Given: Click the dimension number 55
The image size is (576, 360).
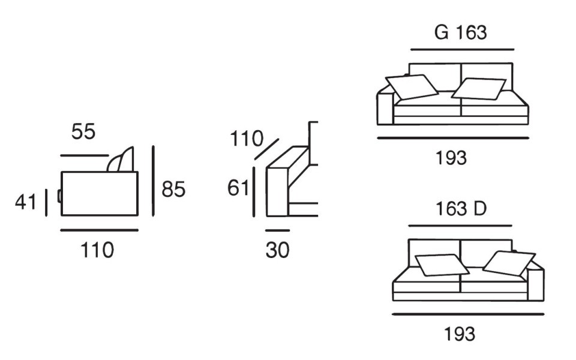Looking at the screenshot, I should tap(83, 131).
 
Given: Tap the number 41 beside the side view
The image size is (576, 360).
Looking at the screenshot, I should tap(26, 202).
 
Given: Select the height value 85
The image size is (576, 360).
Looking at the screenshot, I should tap(173, 190).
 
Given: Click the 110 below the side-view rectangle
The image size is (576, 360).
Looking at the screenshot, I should tap(97, 250).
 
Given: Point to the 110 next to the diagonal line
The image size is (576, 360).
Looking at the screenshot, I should tap(247, 139).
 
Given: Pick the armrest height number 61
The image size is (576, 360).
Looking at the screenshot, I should tap(238, 188).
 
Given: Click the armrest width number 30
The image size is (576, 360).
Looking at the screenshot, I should tap(277, 250).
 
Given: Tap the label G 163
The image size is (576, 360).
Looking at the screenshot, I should tap(461, 32).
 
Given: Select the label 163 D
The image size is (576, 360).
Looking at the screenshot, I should tap(460, 209).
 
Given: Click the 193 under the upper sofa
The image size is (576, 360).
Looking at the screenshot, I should tap(451, 158).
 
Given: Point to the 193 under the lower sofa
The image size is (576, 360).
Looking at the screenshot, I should tap(459, 333).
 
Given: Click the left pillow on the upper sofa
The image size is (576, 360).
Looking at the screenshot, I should tap(412, 86).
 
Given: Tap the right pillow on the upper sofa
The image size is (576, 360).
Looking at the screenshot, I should tap(479, 88).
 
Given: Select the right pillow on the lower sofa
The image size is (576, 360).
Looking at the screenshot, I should tap(509, 262).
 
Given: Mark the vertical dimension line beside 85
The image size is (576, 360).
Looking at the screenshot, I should tap(154, 181).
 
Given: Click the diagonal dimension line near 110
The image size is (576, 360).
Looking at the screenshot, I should tap(266, 149).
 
